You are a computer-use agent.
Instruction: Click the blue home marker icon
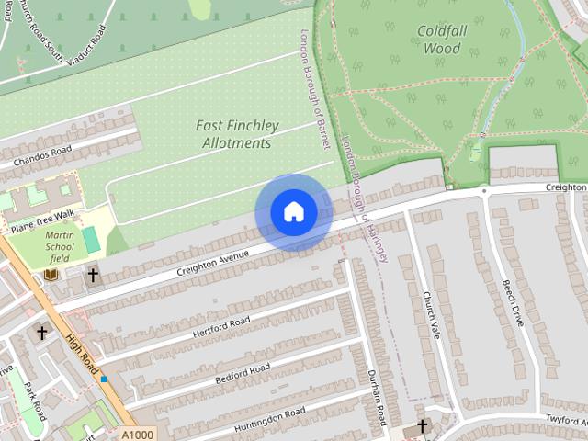[x=293, y=212]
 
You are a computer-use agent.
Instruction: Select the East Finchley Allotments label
[x=234, y=134]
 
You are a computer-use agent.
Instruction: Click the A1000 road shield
[x=137, y=434]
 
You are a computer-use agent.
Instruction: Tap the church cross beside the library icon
[x=92, y=274]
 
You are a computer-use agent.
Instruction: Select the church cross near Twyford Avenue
[x=422, y=425]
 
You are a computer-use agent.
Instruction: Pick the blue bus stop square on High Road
[x=104, y=379]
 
